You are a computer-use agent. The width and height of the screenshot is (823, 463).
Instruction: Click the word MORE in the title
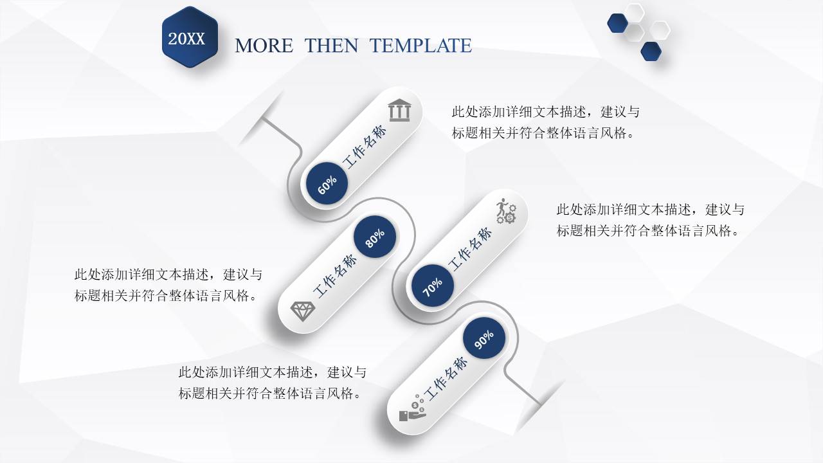264,46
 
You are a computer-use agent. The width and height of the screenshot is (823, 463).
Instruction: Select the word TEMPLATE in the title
421,46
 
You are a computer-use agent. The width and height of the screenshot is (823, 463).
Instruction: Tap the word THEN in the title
331,46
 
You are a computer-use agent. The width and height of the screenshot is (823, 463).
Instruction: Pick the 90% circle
484,340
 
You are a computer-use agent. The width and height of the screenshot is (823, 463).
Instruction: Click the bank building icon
399,111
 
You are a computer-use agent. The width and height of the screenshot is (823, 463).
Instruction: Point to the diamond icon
303,311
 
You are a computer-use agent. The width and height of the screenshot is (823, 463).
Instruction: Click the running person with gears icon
505,210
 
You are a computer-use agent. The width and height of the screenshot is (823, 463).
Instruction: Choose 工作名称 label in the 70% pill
470,249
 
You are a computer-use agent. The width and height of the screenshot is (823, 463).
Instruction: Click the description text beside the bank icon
545,122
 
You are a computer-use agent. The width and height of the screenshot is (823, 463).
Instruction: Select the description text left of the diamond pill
168,285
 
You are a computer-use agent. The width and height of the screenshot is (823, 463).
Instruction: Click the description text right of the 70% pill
650,220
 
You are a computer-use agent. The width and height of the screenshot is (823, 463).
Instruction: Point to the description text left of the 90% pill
272,383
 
